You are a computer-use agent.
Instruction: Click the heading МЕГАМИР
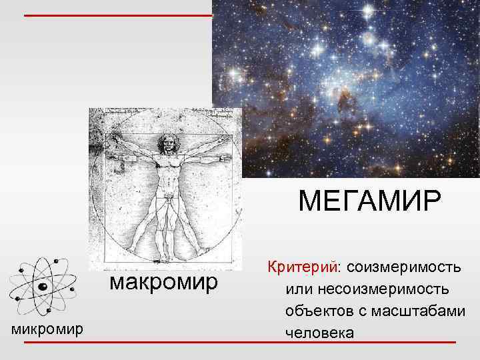369,199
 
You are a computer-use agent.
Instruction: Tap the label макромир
163,282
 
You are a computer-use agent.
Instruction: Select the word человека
319,332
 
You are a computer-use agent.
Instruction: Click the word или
297,289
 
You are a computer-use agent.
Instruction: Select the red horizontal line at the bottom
240,342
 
